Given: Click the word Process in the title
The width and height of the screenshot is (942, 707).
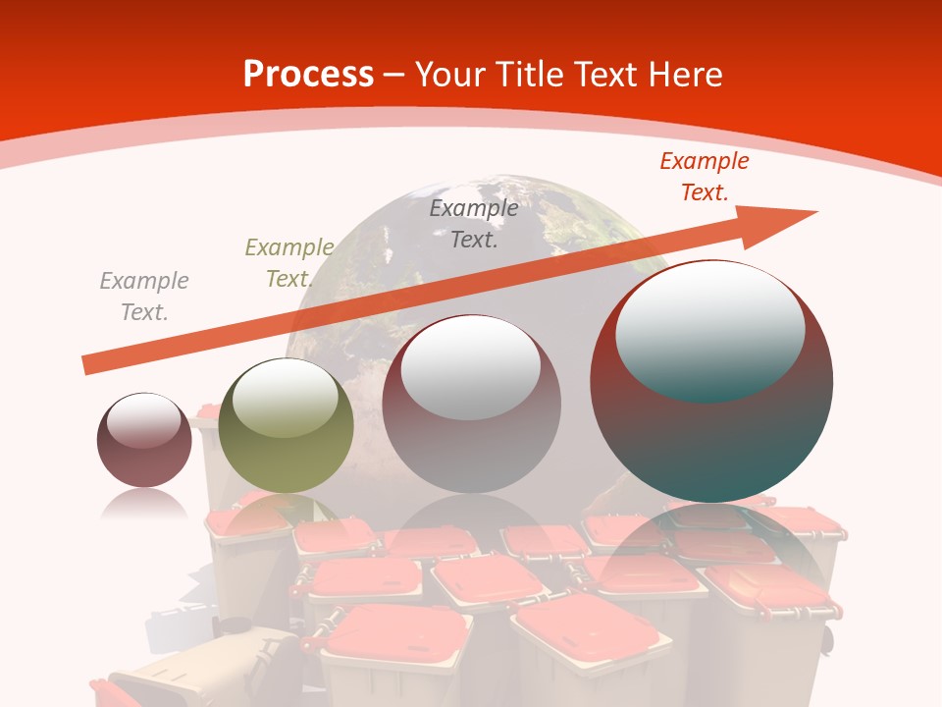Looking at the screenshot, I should [x=308, y=75].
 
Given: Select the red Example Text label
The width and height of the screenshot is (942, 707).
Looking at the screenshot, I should [x=704, y=177].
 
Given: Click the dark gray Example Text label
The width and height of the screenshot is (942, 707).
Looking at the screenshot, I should [x=474, y=223].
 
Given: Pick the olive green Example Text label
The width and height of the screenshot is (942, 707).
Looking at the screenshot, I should [x=289, y=263].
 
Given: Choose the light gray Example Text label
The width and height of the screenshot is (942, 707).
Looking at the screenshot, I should [x=144, y=296].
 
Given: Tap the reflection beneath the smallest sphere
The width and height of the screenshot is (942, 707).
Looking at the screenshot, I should [x=144, y=505].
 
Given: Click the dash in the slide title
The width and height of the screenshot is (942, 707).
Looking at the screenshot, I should [x=393, y=75].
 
